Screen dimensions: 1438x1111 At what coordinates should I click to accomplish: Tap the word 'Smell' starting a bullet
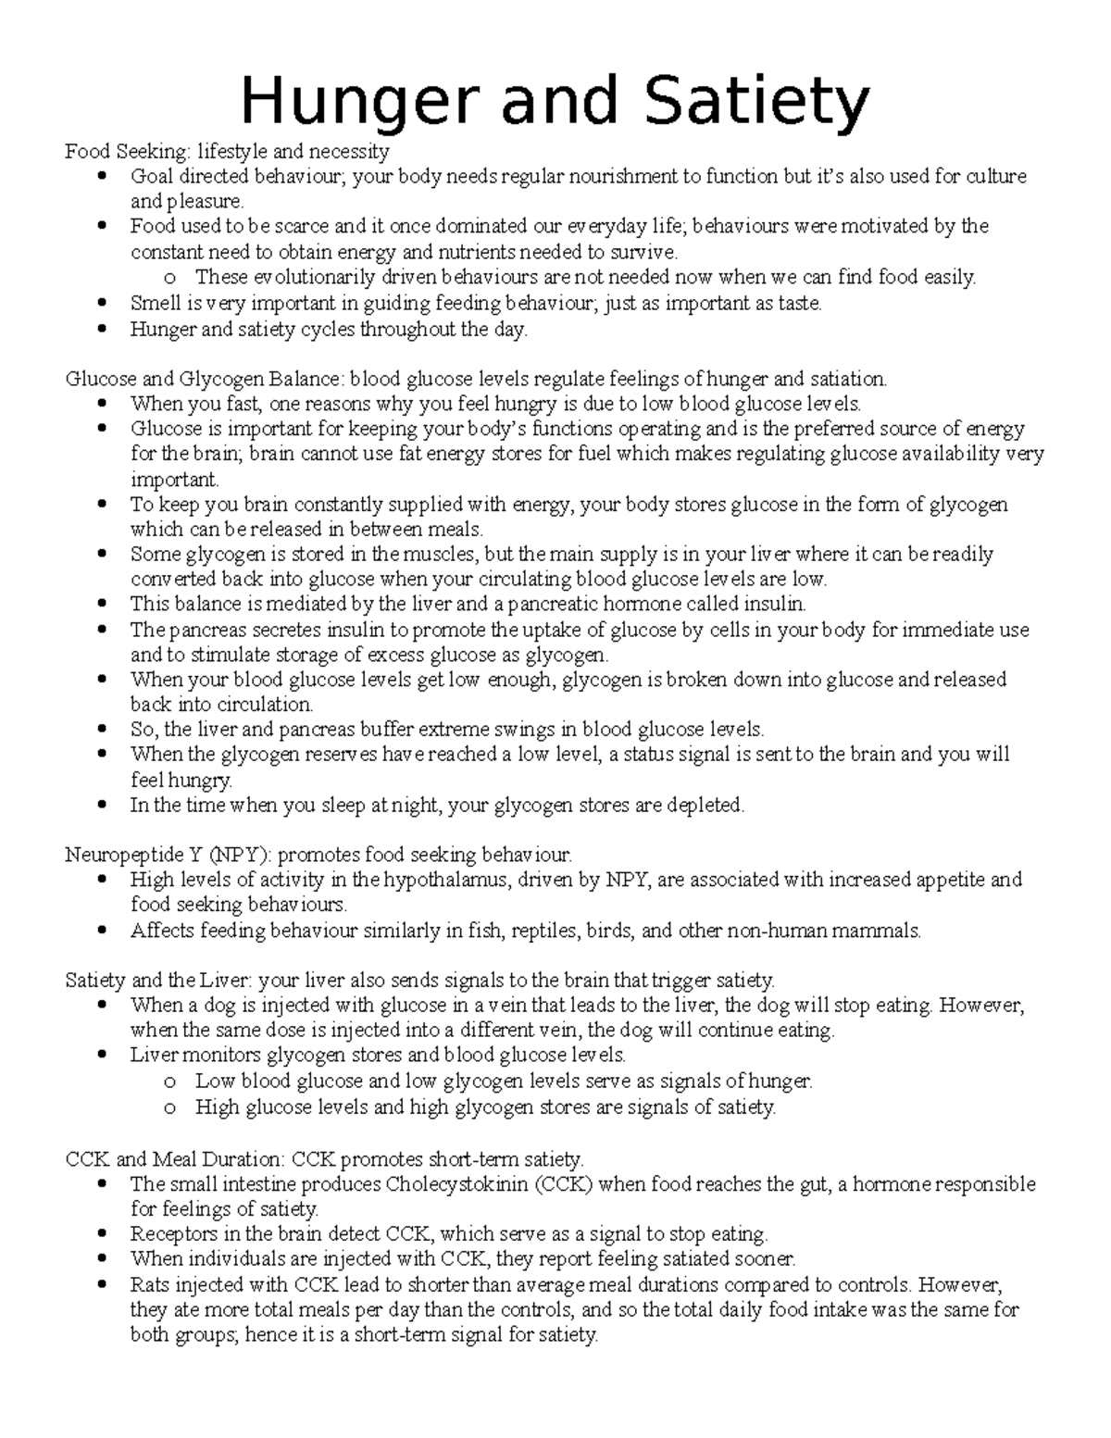(155, 303)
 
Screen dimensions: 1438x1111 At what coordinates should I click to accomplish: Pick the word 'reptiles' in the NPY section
(544, 931)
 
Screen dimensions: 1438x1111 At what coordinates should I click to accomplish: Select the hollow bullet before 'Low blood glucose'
(169, 1082)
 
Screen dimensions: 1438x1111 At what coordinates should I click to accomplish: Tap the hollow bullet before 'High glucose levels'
(169, 1107)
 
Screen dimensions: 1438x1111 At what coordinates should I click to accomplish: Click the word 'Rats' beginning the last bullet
(148, 1285)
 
